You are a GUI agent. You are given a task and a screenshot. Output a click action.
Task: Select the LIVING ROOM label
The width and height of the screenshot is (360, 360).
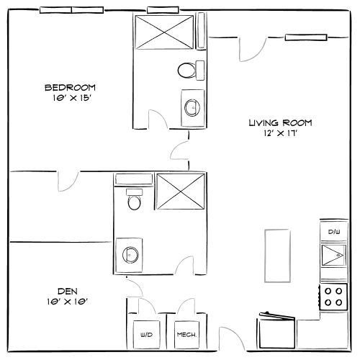[280, 123]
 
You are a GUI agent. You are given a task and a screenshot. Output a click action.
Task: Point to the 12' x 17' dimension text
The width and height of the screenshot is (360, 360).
[280, 133]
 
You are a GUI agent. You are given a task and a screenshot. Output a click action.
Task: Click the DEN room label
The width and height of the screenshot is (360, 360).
[67, 292]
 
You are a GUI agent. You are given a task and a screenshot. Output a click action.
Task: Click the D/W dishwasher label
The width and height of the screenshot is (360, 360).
[333, 232]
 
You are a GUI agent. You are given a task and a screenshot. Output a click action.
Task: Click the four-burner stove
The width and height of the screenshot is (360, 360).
[333, 296]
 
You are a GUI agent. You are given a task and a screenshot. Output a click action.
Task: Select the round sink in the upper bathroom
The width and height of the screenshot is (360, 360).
[192, 108]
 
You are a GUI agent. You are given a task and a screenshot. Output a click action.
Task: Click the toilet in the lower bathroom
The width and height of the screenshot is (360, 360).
[133, 199]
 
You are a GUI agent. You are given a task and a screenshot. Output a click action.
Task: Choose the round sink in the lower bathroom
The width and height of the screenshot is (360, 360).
[131, 254]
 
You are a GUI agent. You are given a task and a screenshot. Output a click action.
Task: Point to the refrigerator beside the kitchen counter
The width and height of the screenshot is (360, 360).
[277, 333]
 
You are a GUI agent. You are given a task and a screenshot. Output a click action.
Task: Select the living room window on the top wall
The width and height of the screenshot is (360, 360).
[306, 37]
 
